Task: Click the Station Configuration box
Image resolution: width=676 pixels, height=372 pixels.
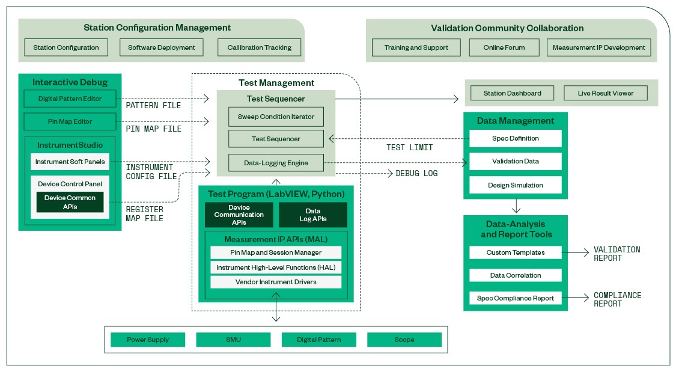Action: [66, 47]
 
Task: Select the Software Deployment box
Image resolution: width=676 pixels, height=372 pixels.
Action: [162, 47]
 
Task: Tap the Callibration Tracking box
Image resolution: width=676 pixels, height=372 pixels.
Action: [259, 47]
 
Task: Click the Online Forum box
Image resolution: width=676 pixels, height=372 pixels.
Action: [504, 47]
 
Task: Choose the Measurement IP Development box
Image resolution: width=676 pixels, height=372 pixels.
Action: [598, 47]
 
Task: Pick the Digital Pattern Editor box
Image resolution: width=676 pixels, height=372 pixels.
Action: [70, 99]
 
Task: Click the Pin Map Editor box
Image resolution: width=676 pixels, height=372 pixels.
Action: [70, 121]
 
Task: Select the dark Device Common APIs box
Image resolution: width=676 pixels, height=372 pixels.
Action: [70, 202]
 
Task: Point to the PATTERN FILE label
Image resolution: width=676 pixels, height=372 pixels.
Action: [153, 106]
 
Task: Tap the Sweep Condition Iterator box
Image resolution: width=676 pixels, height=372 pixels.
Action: [276, 117]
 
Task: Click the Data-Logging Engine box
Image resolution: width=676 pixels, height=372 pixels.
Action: [276, 162]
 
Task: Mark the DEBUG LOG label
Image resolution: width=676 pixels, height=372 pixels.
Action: [416, 173]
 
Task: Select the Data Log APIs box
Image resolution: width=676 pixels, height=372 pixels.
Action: [312, 215]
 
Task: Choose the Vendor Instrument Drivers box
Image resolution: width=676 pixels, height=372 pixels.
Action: [276, 282]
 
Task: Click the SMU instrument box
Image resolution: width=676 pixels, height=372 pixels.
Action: [233, 340]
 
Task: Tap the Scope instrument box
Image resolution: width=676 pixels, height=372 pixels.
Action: [404, 340]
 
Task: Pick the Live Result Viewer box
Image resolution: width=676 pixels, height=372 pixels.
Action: [606, 93]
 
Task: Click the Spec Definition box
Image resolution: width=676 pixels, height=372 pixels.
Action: [515, 138]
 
